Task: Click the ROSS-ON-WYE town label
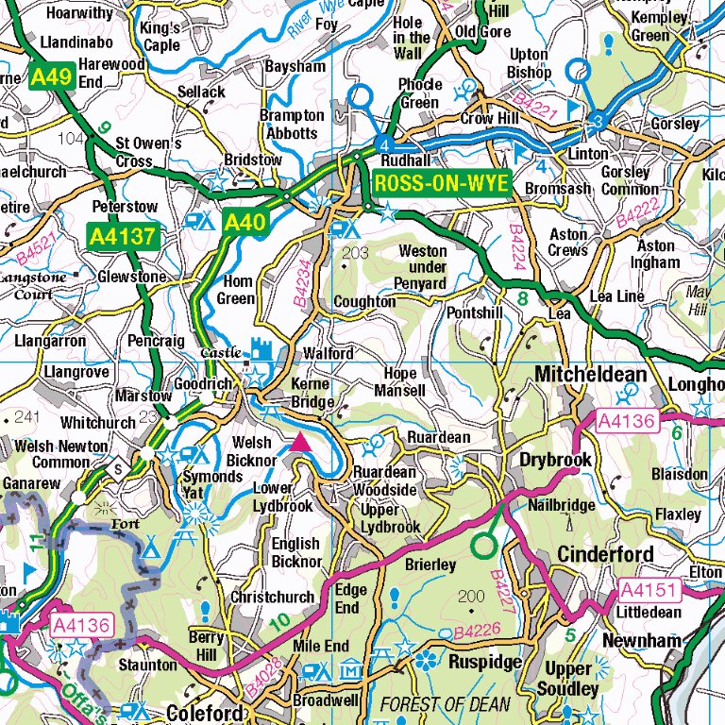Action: (441, 184)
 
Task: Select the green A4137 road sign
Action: (122, 236)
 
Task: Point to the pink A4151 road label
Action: (649, 590)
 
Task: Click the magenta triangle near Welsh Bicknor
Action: (301, 442)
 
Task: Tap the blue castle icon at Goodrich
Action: (261, 350)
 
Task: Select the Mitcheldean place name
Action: (591, 375)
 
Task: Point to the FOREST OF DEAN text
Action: (445, 704)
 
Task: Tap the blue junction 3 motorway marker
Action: (598, 122)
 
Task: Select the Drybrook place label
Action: (556, 460)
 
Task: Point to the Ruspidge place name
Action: (485, 663)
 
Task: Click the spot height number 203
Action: (356, 253)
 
